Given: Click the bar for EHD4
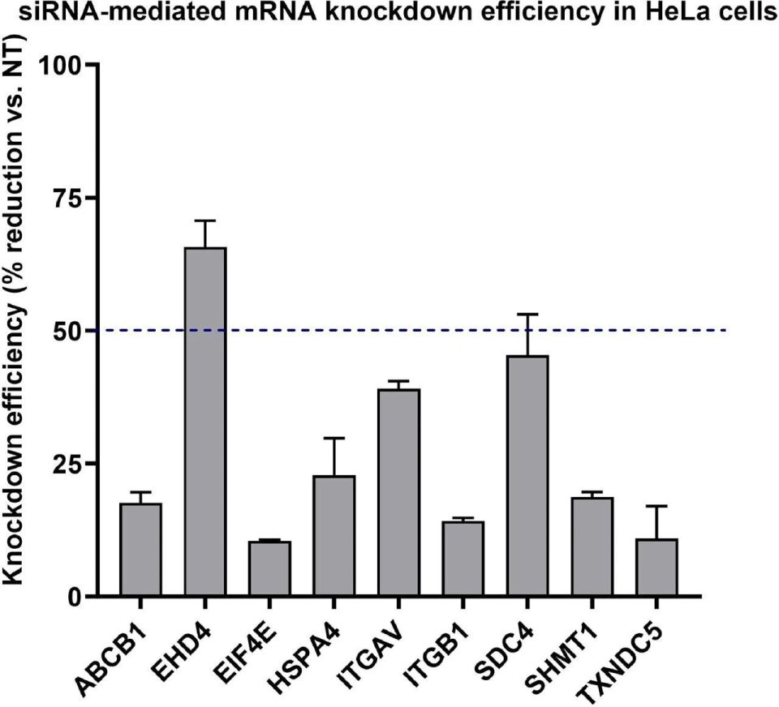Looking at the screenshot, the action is [x=205, y=421].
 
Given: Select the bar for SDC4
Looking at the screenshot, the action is [x=527, y=475].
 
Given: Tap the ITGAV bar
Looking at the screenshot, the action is [x=399, y=492].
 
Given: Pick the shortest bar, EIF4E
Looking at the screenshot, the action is [x=269, y=568].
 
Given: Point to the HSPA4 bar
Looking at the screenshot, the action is [x=334, y=535].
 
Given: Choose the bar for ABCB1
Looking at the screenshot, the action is [x=140, y=549].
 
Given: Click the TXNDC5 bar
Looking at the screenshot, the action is [x=656, y=567].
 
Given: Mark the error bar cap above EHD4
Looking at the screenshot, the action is [x=205, y=220].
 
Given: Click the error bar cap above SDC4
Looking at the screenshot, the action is [x=527, y=314].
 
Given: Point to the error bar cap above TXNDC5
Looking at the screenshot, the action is [x=656, y=506].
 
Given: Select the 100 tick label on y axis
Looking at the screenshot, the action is [x=60, y=65].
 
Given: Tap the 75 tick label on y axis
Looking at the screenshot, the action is [x=67, y=198].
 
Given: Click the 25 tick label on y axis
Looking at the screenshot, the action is [x=67, y=463].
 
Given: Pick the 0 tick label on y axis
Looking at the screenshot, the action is [x=75, y=596].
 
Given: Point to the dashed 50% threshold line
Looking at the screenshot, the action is [x=413, y=330].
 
